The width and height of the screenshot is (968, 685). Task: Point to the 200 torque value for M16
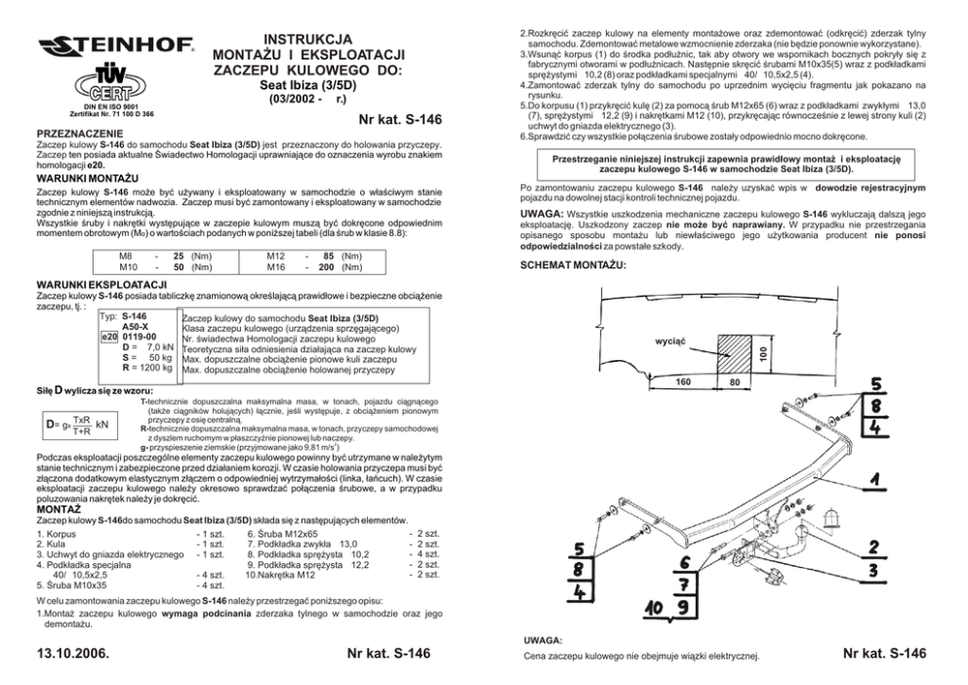325,266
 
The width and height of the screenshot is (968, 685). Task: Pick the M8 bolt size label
126,256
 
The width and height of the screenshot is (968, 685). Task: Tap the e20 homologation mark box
109,337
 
